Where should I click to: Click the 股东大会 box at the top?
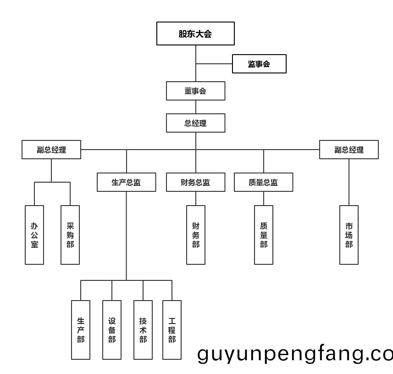coord(195,33)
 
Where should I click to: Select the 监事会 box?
coord(259,64)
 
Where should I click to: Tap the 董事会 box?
coord(195,91)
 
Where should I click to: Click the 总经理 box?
coord(195,123)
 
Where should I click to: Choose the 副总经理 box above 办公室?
coord(51,150)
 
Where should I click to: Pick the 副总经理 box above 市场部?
coord(349,150)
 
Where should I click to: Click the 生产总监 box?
coord(126,182)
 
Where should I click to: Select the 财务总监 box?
coord(195,182)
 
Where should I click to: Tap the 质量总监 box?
coord(263,182)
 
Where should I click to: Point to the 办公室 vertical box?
coord(34,235)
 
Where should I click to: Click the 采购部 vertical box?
coord(70,235)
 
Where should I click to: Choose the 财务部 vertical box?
coord(196,235)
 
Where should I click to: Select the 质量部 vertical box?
coord(264,235)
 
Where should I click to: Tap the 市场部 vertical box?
coord(349,235)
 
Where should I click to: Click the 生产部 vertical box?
coord(81,330)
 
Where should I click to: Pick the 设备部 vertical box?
coord(112,330)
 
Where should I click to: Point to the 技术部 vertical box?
coord(143,330)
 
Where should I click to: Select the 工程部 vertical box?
coord(172,330)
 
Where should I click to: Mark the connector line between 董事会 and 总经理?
coord(196,107)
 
